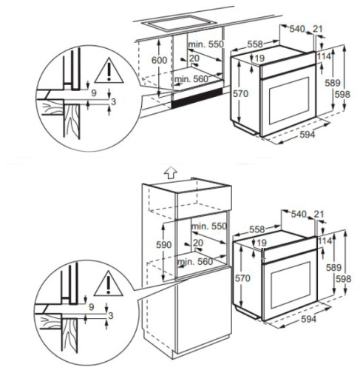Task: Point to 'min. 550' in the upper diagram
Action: pyautogui.click(x=205, y=45)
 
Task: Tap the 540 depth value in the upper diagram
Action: pyautogui.click(x=296, y=29)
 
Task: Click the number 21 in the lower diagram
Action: pyautogui.click(x=319, y=214)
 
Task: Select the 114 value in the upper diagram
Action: pyautogui.click(x=323, y=55)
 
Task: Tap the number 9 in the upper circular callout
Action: pyautogui.click(x=94, y=94)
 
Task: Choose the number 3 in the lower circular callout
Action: pyautogui.click(x=111, y=315)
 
